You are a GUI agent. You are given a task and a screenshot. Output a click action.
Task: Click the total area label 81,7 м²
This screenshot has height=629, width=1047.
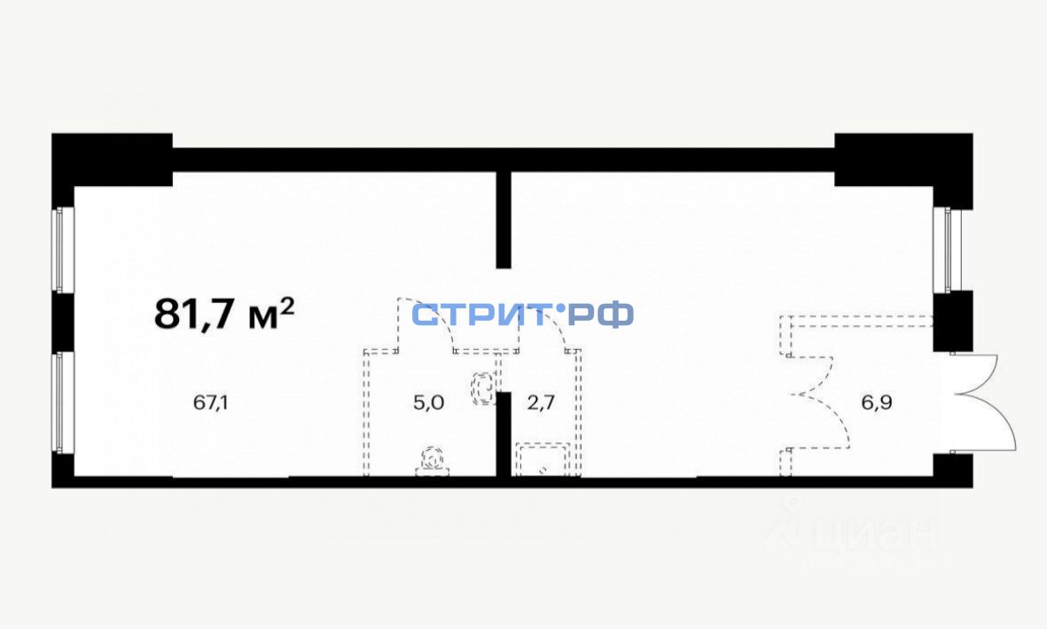(x=224, y=313)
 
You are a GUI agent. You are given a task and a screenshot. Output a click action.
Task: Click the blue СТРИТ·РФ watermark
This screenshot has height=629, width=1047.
(x=523, y=314)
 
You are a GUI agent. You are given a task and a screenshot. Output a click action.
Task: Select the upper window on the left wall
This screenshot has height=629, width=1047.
(x=59, y=250)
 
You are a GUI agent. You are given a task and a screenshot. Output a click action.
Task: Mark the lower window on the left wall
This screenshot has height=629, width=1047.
(x=59, y=403)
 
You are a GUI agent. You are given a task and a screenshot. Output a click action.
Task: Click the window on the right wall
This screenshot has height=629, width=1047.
(x=948, y=250)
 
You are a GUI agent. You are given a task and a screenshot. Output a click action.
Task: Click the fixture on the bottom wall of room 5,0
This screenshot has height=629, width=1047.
(x=432, y=461)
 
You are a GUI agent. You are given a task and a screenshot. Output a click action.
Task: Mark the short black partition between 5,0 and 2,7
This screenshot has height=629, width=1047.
(x=504, y=434)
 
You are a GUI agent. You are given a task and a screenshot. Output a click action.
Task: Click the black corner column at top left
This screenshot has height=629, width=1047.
(x=111, y=159)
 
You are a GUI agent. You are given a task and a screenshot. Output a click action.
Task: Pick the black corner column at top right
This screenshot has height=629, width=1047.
(x=902, y=159)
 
